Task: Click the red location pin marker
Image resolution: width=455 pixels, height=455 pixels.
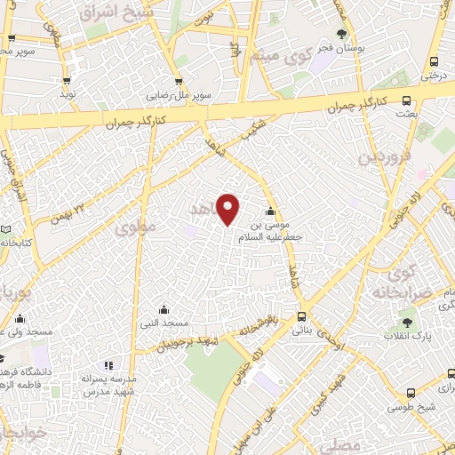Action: coord(228,209)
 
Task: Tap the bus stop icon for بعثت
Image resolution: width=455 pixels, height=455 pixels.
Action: coord(406,100)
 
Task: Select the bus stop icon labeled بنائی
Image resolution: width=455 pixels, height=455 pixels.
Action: coord(301,315)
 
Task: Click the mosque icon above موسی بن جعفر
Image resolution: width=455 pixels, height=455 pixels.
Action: coord(270,212)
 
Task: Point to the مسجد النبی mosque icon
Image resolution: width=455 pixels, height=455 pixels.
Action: coord(164,309)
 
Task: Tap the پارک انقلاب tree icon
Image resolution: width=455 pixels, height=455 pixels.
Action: coord(408,323)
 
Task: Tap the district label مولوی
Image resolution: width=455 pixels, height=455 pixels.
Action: coord(135,227)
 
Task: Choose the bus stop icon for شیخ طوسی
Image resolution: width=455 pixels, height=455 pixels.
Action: coord(410,394)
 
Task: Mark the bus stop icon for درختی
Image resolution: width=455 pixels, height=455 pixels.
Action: coord(434,61)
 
